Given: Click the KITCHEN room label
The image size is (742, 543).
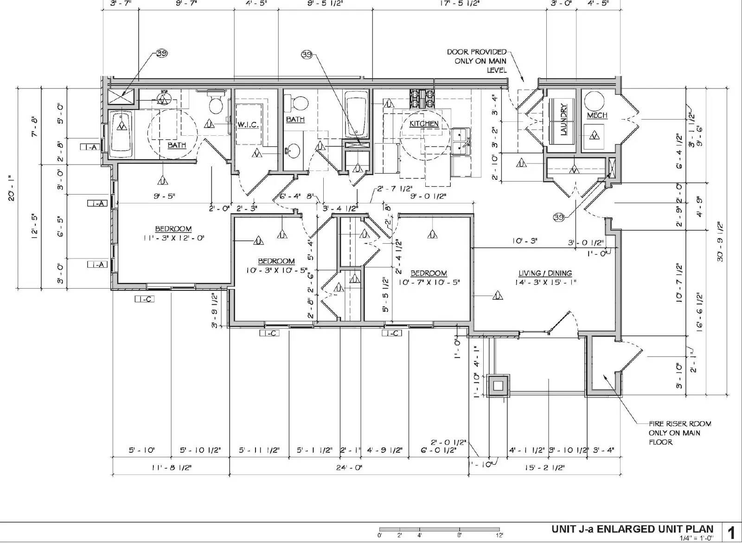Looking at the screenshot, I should pyautogui.click(x=424, y=124).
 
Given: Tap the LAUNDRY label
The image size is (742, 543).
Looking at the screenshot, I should pyautogui.click(x=563, y=119).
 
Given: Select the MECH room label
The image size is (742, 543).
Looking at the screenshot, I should pyautogui.click(x=597, y=115).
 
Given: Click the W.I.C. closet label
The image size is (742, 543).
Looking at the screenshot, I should pyautogui.click(x=248, y=125).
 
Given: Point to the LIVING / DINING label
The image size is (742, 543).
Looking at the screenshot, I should pyautogui.click(x=545, y=273).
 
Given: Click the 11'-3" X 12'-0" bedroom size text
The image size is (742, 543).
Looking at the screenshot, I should pyautogui.click(x=173, y=238).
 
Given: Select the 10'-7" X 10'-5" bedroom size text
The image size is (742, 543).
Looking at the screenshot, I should pyautogui.click(x=429, y=282).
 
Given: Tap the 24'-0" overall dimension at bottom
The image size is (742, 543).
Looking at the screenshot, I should pyautogui.click(x=349, y=468).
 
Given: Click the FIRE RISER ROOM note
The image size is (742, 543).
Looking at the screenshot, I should pyautogui.click(x=679, y=433).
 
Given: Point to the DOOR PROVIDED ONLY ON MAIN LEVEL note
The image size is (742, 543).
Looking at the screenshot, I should pyautogui.click(x=477, y=61).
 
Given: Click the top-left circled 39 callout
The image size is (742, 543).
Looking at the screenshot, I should pyautogui.click(x=161, y=53).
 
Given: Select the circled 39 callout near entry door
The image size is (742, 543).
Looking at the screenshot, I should pyautogui.click(x=558, y=217).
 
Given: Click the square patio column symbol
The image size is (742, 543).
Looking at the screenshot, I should pyautogui.click(x=499, y=385).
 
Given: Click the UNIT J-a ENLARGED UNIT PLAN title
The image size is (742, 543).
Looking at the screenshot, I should pyautogui.click(x=632, y=529).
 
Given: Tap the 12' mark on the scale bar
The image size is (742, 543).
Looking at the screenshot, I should pyautogui.click(x=499, y=535).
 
